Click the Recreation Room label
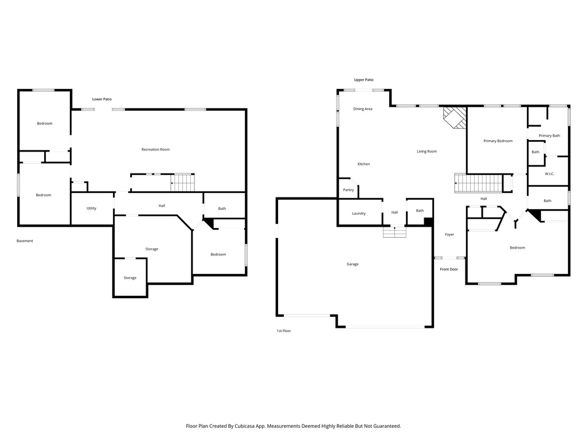point(155,149)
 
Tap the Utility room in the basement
point(92,208)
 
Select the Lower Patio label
point(102,99)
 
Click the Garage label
point(353,264)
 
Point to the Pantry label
point(349,190)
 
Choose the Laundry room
point(359,214)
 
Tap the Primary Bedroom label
point(498,141)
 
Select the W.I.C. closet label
point(549,174)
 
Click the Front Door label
point(449,269)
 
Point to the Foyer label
point(449,234)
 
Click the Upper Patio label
point(363,80)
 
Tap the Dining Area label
point(363,109)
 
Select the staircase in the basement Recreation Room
point(183,183)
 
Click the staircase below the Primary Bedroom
point(479,184)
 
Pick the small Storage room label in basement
point(130,278)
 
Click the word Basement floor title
point(25,241)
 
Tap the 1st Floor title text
point(284,331)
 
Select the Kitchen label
point(363,164)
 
